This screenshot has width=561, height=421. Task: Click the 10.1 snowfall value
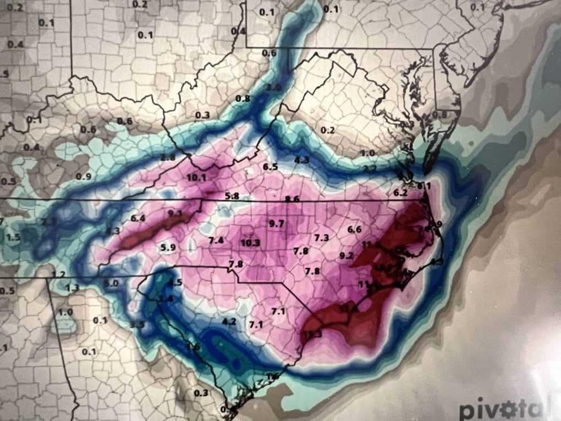(x=196, y=177)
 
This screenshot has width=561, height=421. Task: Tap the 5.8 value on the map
(x=232, y=196)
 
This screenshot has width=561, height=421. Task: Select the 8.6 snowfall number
(x=292, y=199)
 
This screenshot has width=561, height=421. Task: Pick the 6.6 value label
(x=355, y=229)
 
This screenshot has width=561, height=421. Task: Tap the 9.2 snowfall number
(x=346, y=255)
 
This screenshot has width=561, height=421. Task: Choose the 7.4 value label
(x=216, y=240)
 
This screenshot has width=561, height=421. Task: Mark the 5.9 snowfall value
(x=168, y=247)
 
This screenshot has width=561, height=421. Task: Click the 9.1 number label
(x=175, y=214)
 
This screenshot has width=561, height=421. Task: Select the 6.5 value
(x=270, y=167)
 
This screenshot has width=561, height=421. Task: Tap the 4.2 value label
(x=229, y=321)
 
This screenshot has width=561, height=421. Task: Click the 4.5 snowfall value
(x=175, y=283)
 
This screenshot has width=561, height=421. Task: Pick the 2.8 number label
(x=168, y=158)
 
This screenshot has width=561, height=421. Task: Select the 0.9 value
(x=84, y=176)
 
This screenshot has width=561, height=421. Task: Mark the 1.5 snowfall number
(x=13, y=237)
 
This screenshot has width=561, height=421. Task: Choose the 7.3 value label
(x=321, y=237)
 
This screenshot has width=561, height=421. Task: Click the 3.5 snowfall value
(x=137, y=324)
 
